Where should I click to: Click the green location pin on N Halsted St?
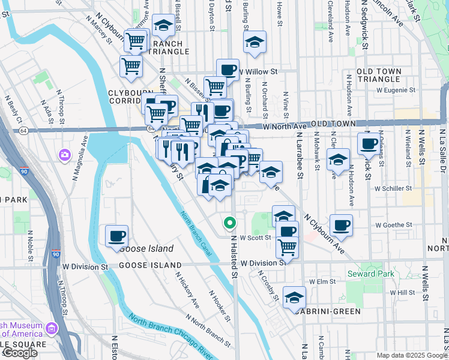click(x=229, y=224)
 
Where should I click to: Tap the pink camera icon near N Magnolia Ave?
click(x=64, y=156)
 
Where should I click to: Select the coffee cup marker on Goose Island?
click(x=116, y=236)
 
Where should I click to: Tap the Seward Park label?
click(x=367, y=274)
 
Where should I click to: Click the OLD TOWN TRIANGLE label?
click(x=379, y=76)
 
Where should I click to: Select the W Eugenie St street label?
click(x=396, y=90)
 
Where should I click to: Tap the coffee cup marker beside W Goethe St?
click(x=341, y=226)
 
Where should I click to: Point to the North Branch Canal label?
click(x=194, y=233)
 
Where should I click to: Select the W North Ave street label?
click(x=285, y=126)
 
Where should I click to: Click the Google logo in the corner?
click(x=20, y=353)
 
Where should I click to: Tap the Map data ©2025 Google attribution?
click(x=411, y=355)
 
